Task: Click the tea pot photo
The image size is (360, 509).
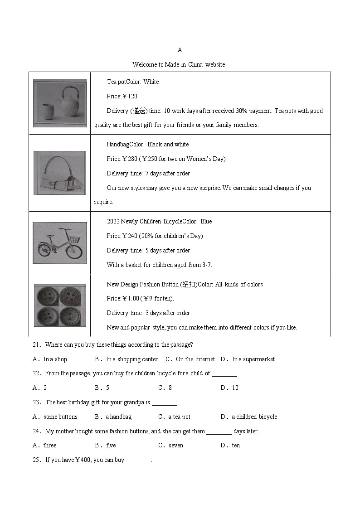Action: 60,103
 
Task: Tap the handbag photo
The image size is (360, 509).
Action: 59,173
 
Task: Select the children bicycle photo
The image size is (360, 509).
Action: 60,243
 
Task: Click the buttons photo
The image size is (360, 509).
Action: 60,305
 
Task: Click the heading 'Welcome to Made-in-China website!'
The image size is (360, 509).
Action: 180,64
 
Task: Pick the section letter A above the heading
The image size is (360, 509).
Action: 180,50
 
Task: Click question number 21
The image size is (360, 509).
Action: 37,345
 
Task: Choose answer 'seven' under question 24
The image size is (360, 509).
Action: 176,446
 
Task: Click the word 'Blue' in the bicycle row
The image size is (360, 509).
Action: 206,222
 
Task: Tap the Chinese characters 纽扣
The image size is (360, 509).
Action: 189,285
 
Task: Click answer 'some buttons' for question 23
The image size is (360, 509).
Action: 60,417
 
